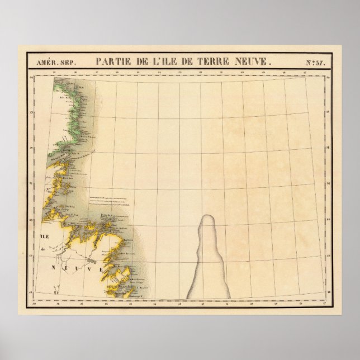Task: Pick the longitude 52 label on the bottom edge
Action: [202, 305]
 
